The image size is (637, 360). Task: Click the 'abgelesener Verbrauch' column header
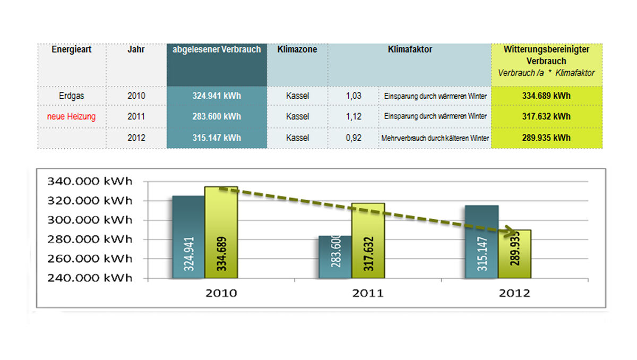coord(217,49)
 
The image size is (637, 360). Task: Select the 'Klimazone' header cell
coord(297,49)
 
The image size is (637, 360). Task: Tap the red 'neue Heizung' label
coord(72,117)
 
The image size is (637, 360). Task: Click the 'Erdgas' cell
coord(72,96)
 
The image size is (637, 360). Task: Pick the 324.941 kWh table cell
coord(217,96)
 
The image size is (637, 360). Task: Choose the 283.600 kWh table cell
coord(217,117)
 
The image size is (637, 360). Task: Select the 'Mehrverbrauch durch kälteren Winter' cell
coord(435,138)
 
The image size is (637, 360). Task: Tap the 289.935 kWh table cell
coord(546,138)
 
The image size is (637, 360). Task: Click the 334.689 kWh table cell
coord(546,96)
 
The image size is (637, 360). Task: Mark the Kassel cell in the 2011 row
coord(297,117)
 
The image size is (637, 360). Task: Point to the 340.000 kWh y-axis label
coord(90,181)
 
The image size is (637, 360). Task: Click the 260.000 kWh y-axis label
coord(90,259)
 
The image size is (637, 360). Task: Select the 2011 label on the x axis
coord(367,293)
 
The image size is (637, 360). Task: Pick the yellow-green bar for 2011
coord(368,239)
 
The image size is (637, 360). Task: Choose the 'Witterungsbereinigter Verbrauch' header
coord(546,55)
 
